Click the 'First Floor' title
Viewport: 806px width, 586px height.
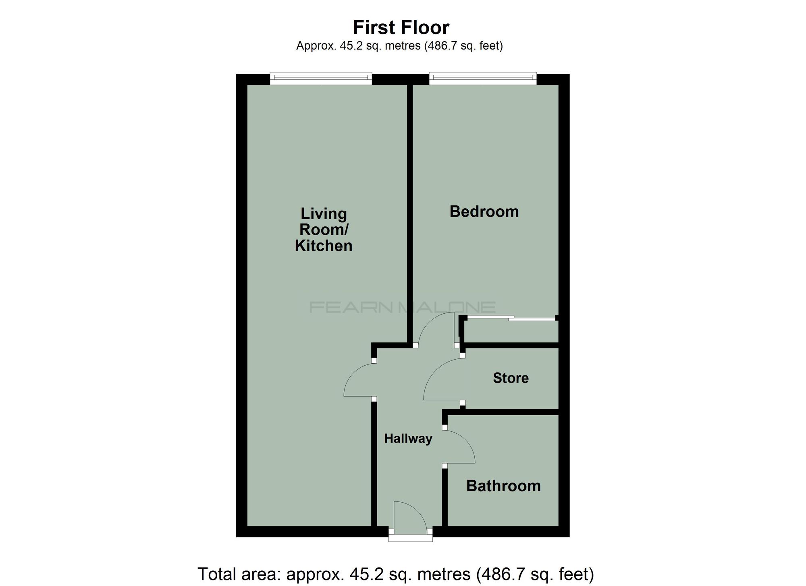tap(401, 28)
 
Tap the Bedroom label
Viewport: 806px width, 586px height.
tap(484, 211)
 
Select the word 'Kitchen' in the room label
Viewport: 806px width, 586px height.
tap(324, 246)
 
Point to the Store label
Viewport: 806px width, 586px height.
tap(511, 378)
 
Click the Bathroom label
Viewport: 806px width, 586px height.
tap(503, 486)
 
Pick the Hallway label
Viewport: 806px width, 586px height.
tap(408, 439)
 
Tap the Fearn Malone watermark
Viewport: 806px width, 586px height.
tap(402, 308)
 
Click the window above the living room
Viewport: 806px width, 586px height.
tap(321, 79)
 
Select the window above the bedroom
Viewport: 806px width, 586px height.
tap(483, 79)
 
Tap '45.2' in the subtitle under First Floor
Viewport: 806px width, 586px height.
tap(349, 46)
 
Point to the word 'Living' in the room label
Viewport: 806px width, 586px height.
tap(324, 213)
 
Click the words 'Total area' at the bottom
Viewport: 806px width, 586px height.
tap(238, 574)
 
